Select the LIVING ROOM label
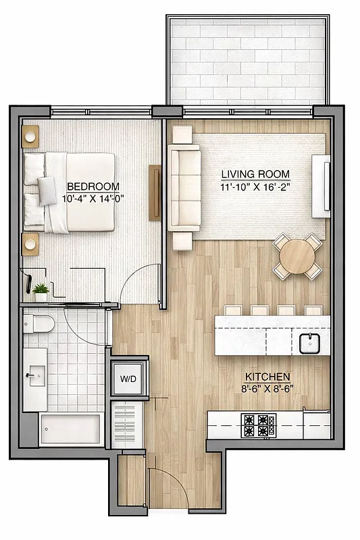[255, 173]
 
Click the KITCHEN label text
[268, 376]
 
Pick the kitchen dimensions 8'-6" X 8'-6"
[268, 388]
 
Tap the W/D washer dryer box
[128, 379]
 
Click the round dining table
[297, 256]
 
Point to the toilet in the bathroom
[40, 325]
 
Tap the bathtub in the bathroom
[70, 427]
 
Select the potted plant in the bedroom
[41, 292]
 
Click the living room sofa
[184, 187]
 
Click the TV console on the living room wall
[320, 187]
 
